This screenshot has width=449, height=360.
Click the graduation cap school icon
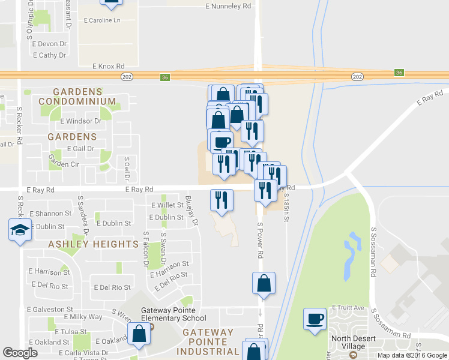tap(20, 230)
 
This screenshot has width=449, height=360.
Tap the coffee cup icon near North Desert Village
tap(315, 319)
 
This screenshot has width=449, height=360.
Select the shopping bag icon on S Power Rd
tap(264, 283)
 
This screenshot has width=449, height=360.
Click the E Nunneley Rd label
tap(228, 6)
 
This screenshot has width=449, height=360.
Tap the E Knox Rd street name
tap(108, 66)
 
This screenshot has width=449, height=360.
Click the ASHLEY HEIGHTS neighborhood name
tap(93, 244)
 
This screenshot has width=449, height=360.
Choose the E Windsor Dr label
tap(81, 121)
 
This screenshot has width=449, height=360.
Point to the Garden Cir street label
tap(64, 164)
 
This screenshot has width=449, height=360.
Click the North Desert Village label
tap(348, 343)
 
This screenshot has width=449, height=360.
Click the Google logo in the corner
tap(20, 353)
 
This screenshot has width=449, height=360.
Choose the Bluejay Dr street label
tap(191, 211)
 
